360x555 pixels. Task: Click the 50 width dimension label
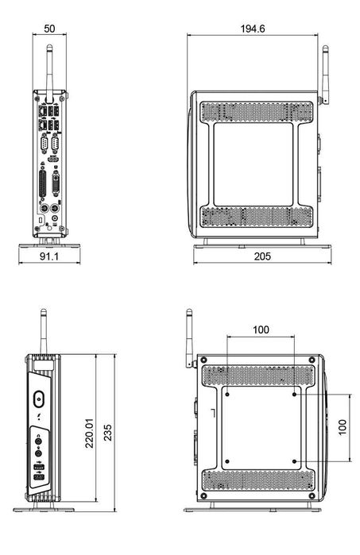(x=49, y=29)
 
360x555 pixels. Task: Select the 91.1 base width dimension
(x=49, y=256)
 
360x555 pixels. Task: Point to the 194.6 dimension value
(x=253, y=29)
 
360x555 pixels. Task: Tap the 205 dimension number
(x=262, y=256)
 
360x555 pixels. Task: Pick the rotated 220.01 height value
(x=89, y=433)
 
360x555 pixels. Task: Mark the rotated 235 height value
(x=107, y=433)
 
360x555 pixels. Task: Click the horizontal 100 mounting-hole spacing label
(x=261, y=330)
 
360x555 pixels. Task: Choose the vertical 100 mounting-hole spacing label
(x=343, y=427)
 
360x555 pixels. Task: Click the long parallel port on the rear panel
(x=43, y=185)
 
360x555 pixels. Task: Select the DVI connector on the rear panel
(x=56, y=183)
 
